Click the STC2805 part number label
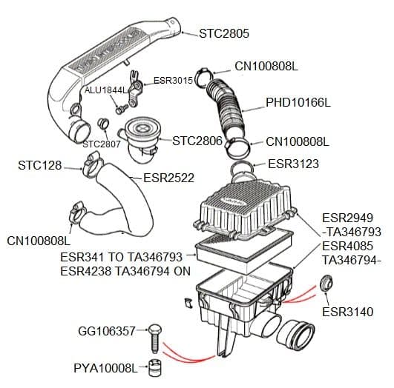224,33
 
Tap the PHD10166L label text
298,102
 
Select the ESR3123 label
293,164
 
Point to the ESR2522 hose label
168,178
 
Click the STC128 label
40,165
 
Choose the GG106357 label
107,331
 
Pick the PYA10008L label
106,368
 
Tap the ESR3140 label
348,312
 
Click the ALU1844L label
106,90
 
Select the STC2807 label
102,144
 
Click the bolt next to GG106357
155,338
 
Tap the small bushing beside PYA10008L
155,368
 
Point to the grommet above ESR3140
326,283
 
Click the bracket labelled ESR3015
136,89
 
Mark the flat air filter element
244,252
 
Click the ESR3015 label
173,81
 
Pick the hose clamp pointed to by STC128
92,165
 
